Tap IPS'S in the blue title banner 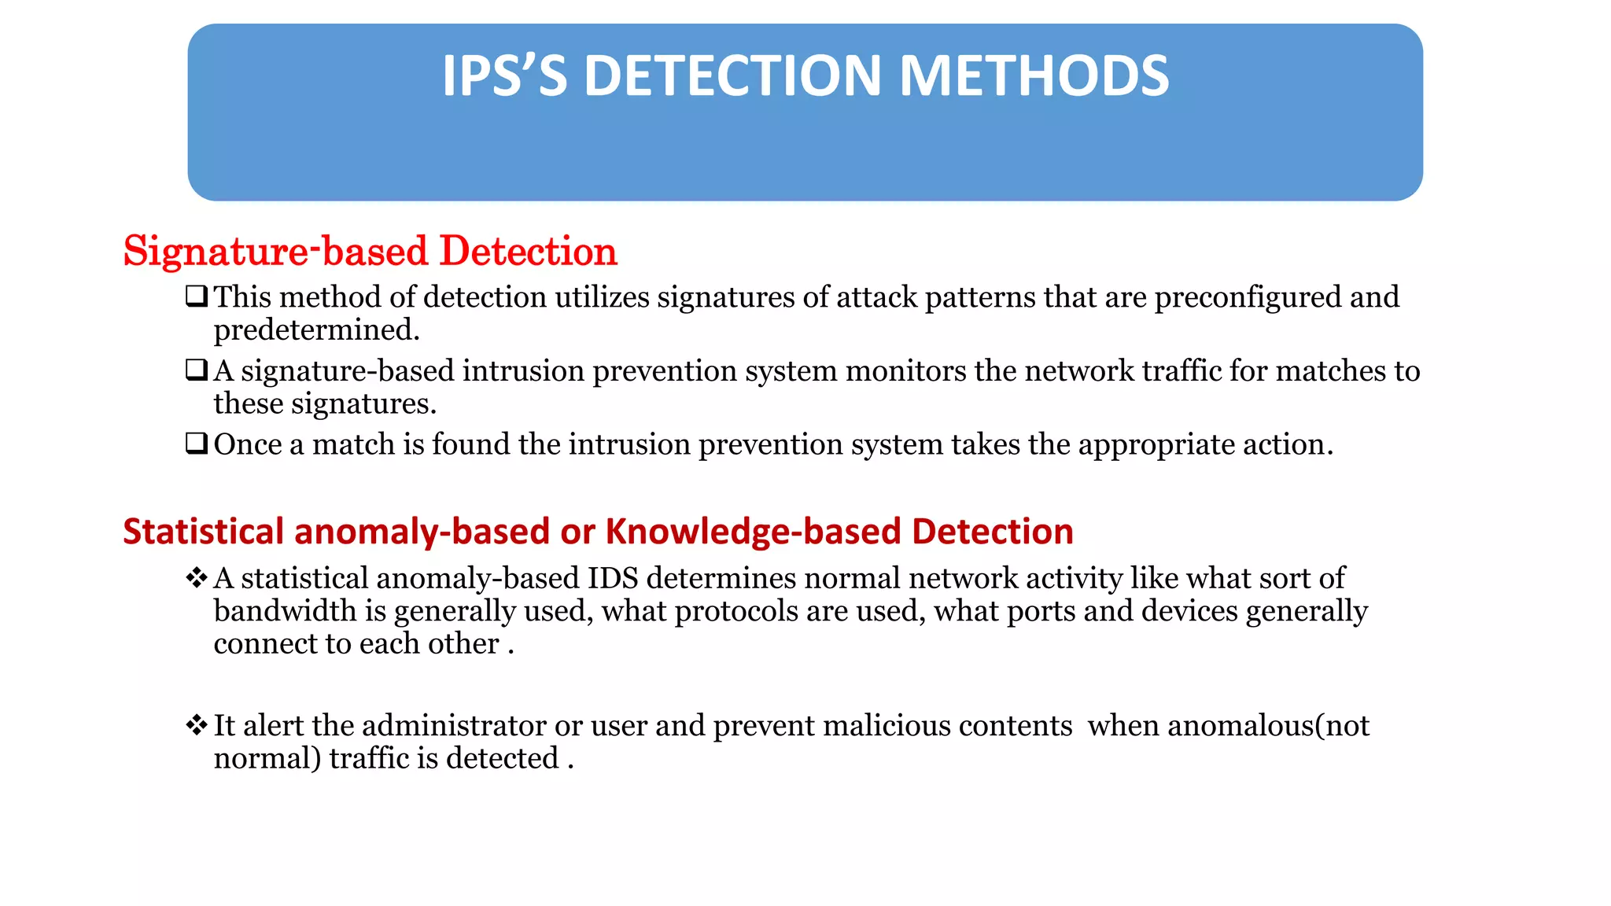(x=504, y=76)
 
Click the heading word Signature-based (x=275, y=252)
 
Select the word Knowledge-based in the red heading (x=754, y=532)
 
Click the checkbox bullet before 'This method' (x=196, y=296)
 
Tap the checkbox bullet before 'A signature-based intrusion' (x=196, y=370)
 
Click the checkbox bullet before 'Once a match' (x=196, y=444)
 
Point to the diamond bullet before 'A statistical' (x=196, y=578)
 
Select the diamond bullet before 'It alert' (x=196, y=725)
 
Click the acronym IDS (x=613, y=578)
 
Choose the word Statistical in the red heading (x=203, y=532)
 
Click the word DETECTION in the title (x=732, y=76)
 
